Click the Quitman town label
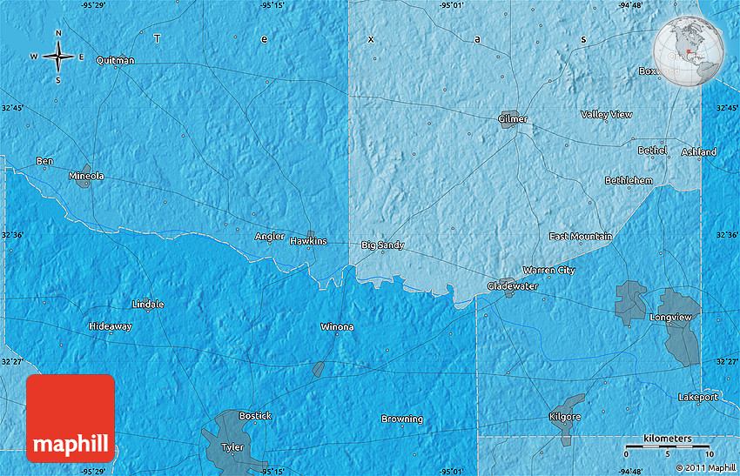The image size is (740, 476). pyautogui.click(x=116, y=60)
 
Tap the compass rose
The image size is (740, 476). pyautogui.click(x=58, y=57)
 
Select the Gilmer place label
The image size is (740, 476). pyautogui.click(x=513, y=118)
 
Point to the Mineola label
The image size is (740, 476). pyautogui.click(x=86, y=176)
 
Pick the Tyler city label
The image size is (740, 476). pyautogui.click(x=232, y=447)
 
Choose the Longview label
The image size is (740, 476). pyautogui.click(x=671, y=318)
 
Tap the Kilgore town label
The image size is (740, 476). pyautogui.click(x=565, y=417)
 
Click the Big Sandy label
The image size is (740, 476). pyautogui.click(x=383, y=245)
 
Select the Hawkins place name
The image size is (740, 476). pyautogui.click(x=309, y=241)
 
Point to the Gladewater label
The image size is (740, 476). pyautogui.click(x=512, y=286)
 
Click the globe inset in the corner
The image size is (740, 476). pyautogui.click(x=690, y=50)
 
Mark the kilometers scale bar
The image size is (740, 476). pyautogui.click(x=669, y=446)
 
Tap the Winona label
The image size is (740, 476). pyautogui.click(x=337, y=327)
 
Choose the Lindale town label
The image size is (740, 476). pyautogui.click(x=147, y=305)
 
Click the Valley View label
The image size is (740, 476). pyautogui.click(x=607, y=114)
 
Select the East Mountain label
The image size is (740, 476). pyautogui.click(x=581, y=237)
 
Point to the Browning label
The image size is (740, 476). pyautogui.click(x=402, y=419)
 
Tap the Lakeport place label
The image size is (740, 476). pyautogui.click(x=697, y=396)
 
